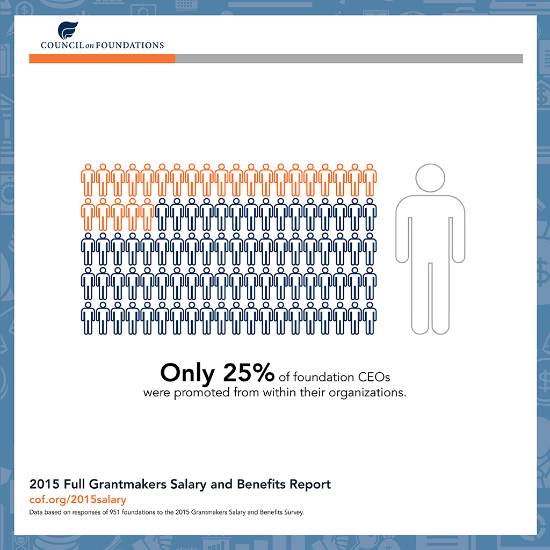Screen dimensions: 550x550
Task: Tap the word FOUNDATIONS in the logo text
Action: click(130, 45)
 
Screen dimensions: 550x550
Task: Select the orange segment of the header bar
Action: click(102, 59)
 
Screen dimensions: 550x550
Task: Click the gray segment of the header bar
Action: click(349, 59)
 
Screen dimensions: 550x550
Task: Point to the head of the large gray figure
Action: click(430, 178)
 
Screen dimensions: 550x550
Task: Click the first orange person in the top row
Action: click(88, 180)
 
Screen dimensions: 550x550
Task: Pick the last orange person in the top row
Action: click(370, 180)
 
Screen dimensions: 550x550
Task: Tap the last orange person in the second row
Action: click(147, 214)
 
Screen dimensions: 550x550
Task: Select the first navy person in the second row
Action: click(162, 214)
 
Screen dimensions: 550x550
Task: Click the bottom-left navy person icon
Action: click(88, 318)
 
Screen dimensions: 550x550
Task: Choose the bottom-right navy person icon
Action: click(370, 318)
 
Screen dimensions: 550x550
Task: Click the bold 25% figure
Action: click(248, 372)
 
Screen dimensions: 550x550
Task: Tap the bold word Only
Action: click(187, 374)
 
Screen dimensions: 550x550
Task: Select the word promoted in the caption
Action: click(202, 393)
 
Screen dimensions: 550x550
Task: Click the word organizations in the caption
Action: click(367, 393)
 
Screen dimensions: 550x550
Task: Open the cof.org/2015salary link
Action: click(77, 500)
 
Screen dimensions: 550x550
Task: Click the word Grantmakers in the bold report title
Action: click(127, 484)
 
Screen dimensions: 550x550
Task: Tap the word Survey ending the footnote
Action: click(294, 512)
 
